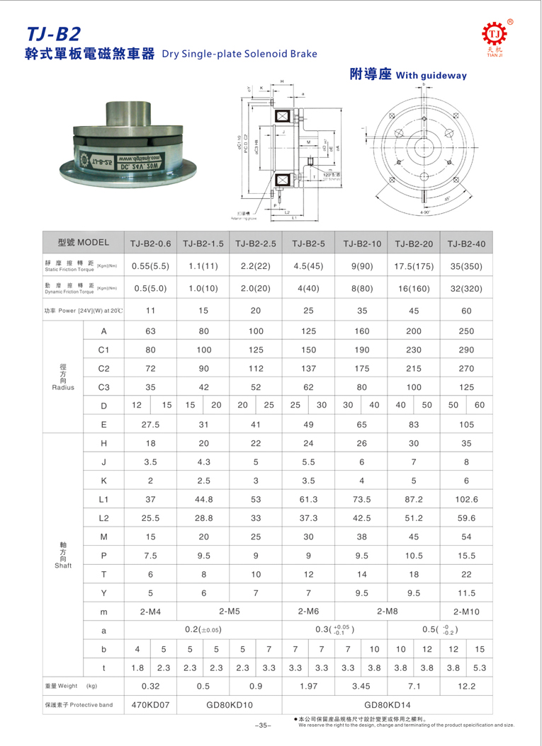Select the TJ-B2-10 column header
[362, 243]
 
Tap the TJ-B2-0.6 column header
[150, 243]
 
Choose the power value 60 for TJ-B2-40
[467, 310]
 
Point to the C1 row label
[103, 350]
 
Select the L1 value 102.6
[467, 500]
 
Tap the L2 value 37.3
[309, 518]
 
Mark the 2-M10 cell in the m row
[467, 610]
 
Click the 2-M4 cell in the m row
[150, 610]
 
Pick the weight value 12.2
[467, 686]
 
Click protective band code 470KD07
[150, 705]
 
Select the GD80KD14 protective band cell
[388, 705]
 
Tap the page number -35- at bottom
[262, 725]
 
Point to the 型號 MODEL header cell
[83, 243]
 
